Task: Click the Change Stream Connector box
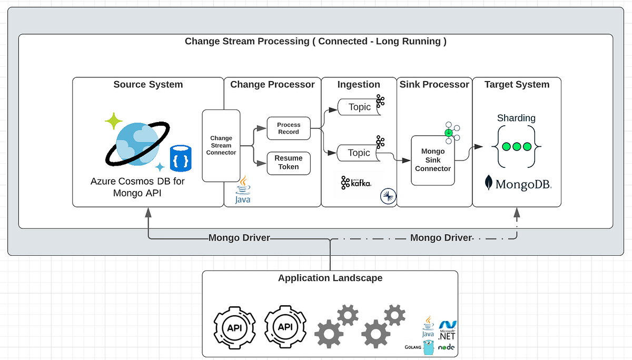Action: tap(221, 146)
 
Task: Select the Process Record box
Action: tap(289, 128)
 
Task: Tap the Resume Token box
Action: tap(289, 163)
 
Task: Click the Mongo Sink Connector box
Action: tap(432, 160)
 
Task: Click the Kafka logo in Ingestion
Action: tap(356, 183)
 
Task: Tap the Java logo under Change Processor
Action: tap(243, 191)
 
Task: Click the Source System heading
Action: tap(148, 85)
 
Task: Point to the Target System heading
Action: tap(517, 85)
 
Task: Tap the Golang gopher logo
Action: tap(427, 347)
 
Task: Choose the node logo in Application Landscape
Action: tap(447, 347)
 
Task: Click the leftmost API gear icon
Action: tap(234, 327)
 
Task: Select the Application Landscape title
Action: tap(330, 278)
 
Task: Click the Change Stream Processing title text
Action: tap(315, 42)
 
